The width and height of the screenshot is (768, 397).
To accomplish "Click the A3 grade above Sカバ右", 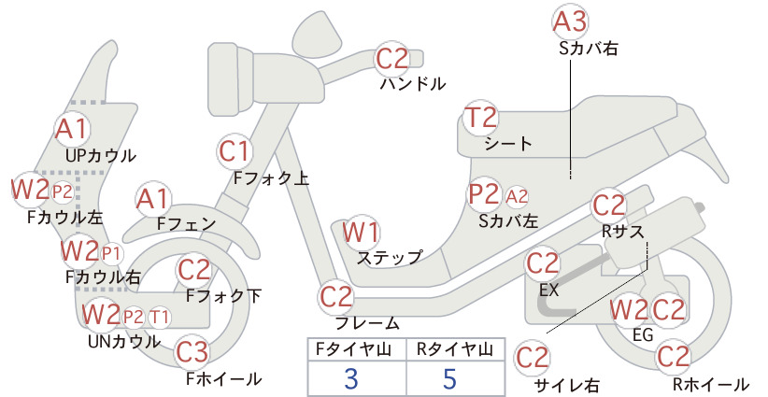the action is tap(570, 22).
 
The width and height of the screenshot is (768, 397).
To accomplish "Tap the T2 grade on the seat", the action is tap(480, 118).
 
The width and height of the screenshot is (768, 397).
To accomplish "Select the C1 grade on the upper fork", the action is tap(235, 151).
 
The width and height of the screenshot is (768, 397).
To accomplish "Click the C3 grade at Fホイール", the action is tap(192, 352).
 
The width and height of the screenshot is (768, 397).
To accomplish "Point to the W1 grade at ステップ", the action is tap(361, 232).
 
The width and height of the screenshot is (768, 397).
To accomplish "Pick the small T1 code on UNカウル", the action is tap(159, 318).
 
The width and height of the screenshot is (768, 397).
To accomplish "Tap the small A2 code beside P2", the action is tap(517, 196).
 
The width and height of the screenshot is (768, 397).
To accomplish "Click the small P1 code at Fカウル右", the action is tap(110, 253).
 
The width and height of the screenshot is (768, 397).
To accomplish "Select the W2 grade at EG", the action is tap(629, 310).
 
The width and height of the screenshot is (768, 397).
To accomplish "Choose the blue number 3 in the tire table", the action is tap(351, 378).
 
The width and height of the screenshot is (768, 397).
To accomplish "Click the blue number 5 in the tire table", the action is tap(449, 378).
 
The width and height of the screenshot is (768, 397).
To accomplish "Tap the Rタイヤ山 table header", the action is tap(455, 349).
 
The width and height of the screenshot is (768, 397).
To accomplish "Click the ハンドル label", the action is tap(413, 84).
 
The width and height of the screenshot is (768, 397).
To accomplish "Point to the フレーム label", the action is tap(367, 323).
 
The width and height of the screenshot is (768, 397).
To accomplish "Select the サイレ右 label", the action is tap(567, 385).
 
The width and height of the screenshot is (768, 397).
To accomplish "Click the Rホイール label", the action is tap(710, 384).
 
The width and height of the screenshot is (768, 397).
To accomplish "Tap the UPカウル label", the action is tap(100, 156).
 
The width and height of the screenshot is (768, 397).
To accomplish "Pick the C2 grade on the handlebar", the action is tap(392, 59).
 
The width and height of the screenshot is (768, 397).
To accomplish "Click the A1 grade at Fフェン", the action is tap(153, 200).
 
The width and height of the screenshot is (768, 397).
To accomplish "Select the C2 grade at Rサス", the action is tap(609, 206).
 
